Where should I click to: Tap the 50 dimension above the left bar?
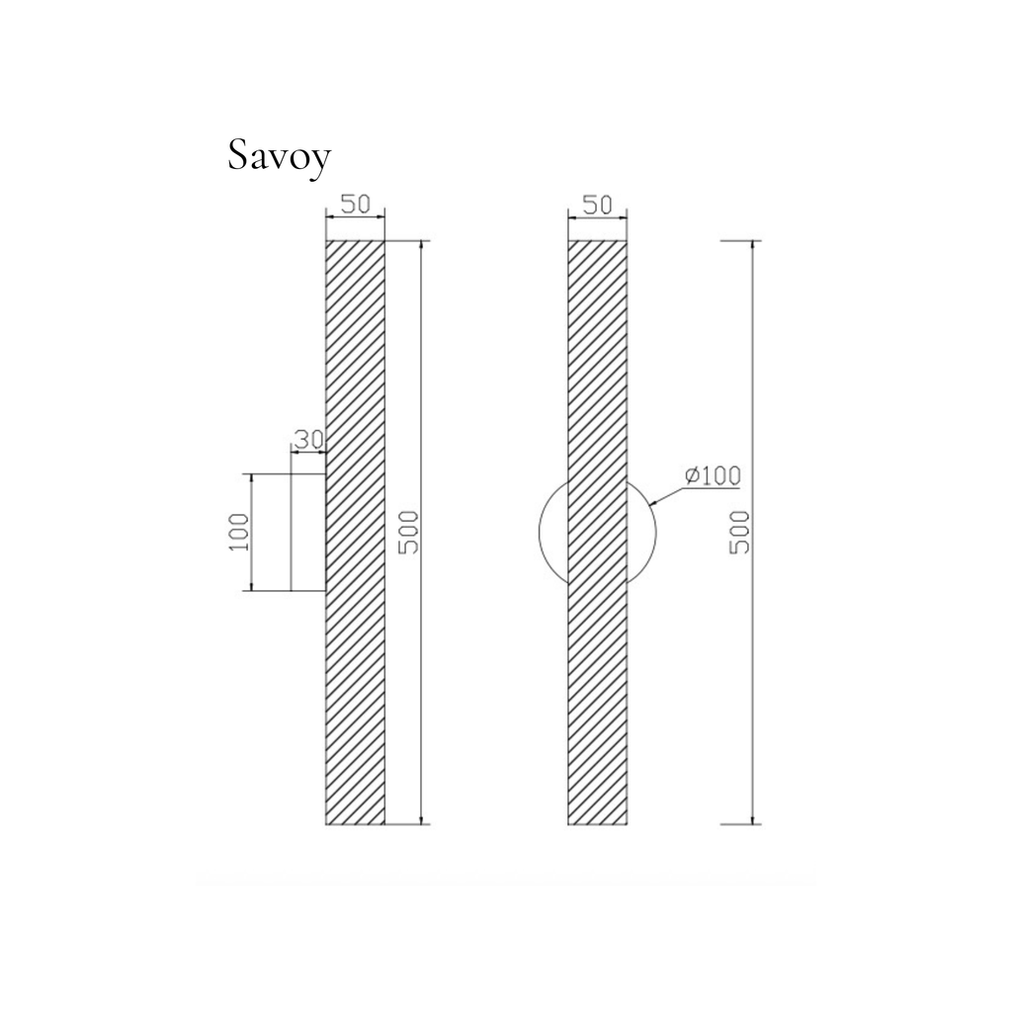tap(355, 204)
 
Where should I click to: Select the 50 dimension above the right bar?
tap(597, 205)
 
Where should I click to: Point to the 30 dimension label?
tap(308, 440)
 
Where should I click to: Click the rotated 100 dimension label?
tap(238, 532)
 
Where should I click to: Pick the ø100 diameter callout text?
tap(713, 476)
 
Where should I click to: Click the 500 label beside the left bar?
tap(408, 533)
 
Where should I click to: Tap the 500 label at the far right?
tap(739, 533)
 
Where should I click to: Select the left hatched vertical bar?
tap(355, 533)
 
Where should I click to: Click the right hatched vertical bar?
tap(598, 533)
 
